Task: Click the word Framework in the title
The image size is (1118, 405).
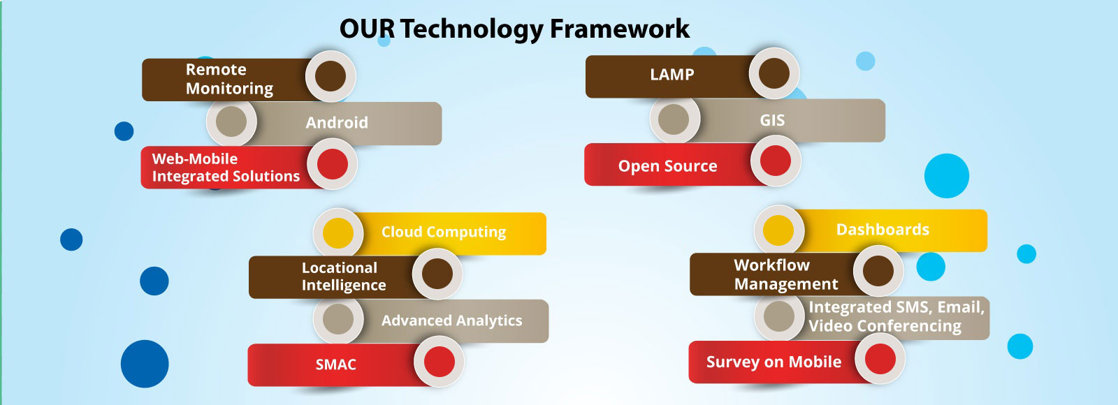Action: [x=619, y=29]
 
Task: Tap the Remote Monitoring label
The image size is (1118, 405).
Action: [x=230, y=79]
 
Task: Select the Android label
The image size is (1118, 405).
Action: [x=337, y=123]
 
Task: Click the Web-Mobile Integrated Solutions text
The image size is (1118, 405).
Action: [x=226, y=168]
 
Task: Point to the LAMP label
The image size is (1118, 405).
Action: [x=671, y=75]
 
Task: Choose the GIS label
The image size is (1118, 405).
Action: [x=772, y=120]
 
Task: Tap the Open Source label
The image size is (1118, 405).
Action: [x=668, y=166]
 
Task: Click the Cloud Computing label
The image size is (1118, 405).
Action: [x=444, y=233]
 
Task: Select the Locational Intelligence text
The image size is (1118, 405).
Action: [x=344, y=277]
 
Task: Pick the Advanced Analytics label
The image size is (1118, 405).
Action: [x=451, y=321]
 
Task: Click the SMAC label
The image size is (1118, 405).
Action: [x=336, y=364]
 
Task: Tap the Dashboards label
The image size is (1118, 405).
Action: [x=883, y=230]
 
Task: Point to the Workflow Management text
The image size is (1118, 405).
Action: [x=786, y=274]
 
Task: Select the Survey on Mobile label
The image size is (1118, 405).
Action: [x=774, y=362]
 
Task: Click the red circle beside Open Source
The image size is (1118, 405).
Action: [x=775, y=161]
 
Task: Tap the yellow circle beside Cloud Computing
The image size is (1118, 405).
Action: [x=338, y=233]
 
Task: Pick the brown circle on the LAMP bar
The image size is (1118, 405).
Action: [x=774, y=73]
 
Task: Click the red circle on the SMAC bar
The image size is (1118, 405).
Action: [x=440, y=362]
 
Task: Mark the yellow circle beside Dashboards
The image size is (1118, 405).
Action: [x=778, y=230]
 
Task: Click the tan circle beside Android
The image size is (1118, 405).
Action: [x=231, y=121]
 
